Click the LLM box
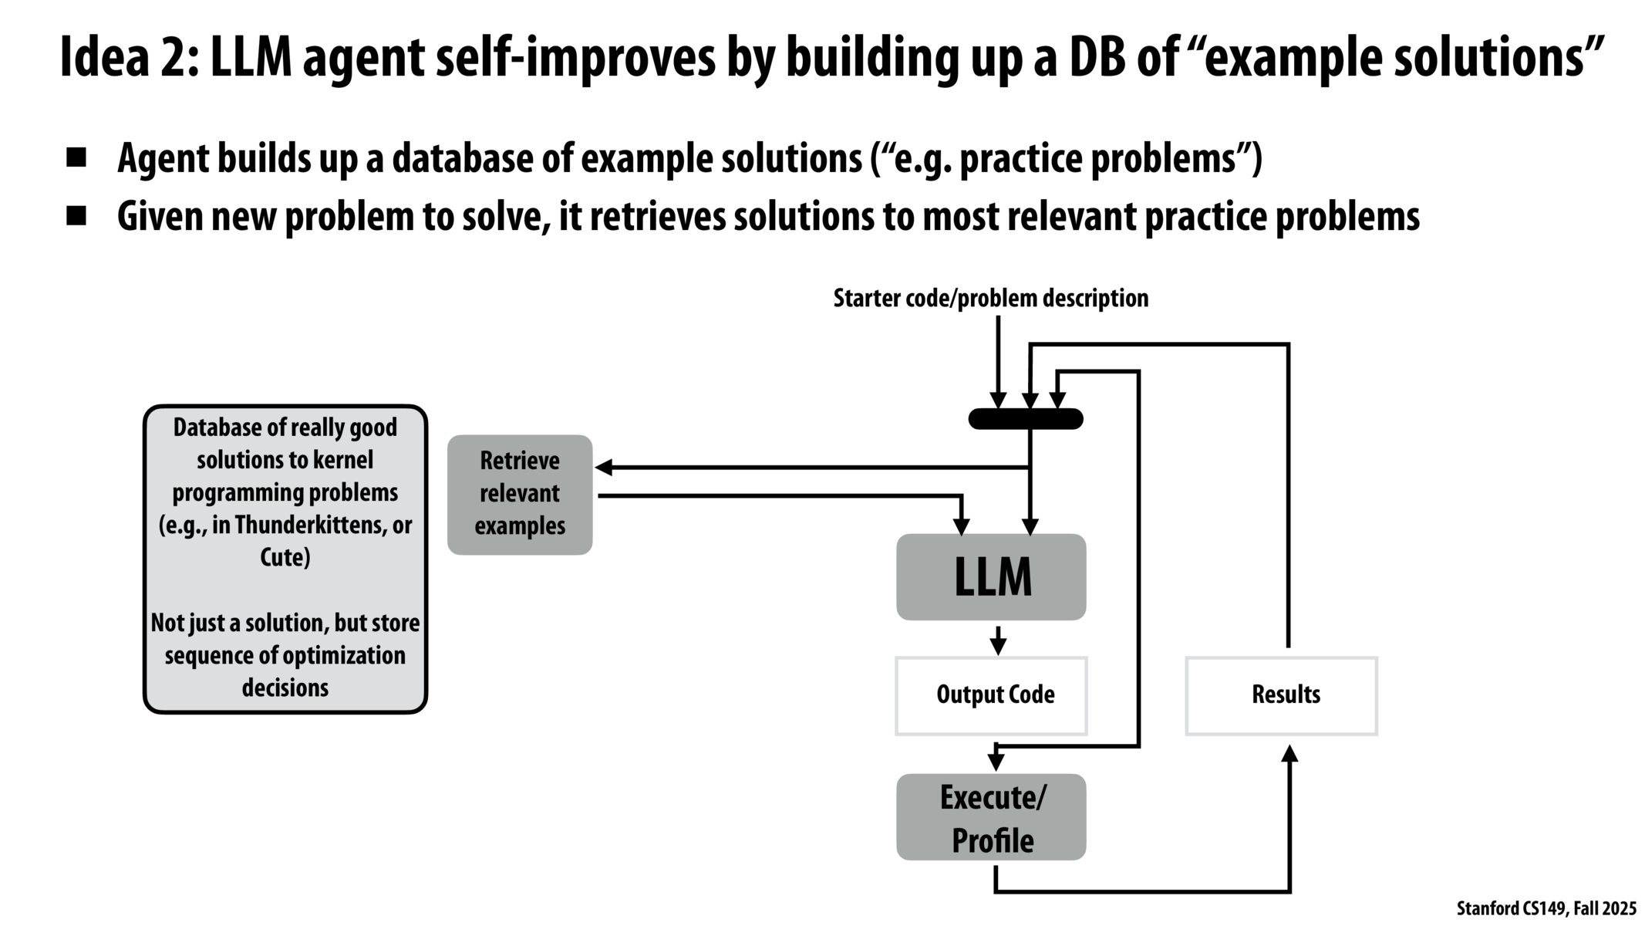click(x=991, y=576)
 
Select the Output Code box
click(x=991, y=695)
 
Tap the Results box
click(x=1281, y=695)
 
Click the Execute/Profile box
click(x=991, y=818)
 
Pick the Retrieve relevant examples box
click(x=520, y=495)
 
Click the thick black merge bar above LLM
click(x=1026, y=419)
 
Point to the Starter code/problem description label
click(x=990, y=299)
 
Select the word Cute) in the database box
click(x=285, y=557)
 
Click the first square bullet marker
click(x=76, y=158)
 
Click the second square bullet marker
click(x=76, y=216)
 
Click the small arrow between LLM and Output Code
click(x=998, y=641)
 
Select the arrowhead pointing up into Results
click(x=1289, y=753)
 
